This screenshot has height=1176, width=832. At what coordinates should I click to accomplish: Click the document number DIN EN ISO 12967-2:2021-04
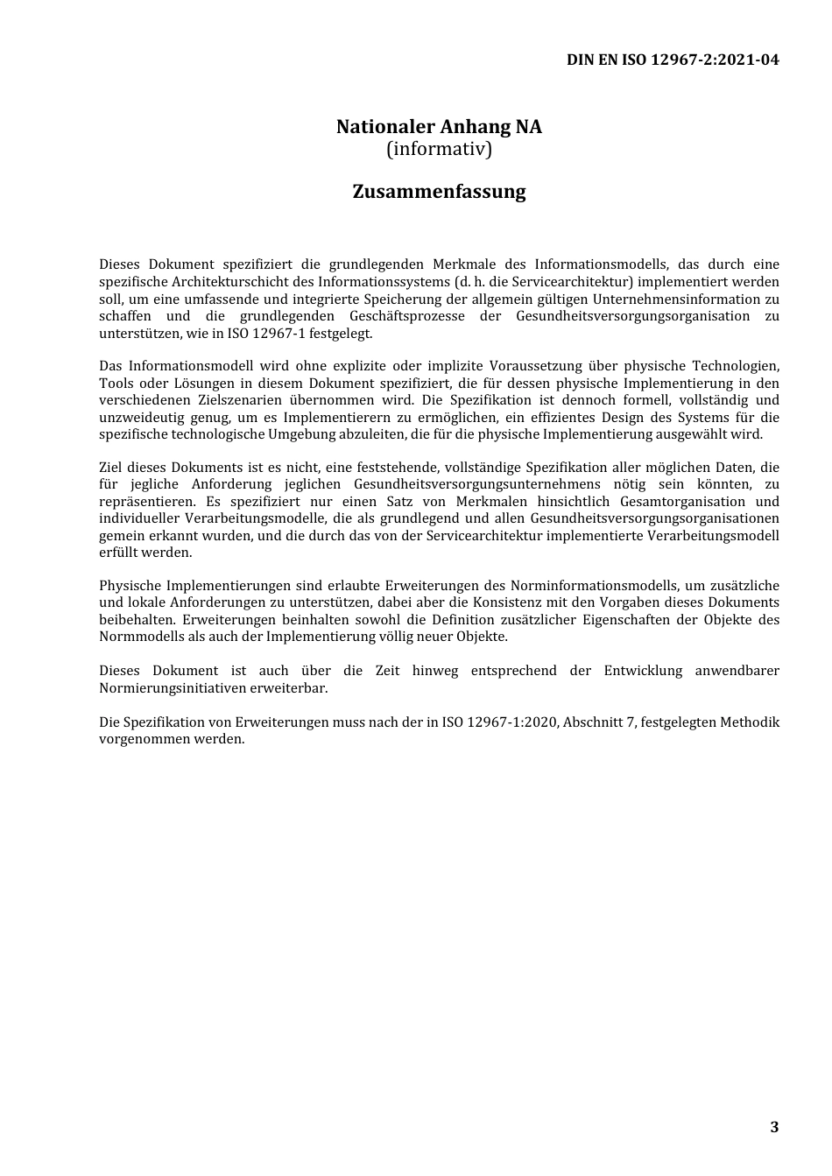click(x=673, y=60)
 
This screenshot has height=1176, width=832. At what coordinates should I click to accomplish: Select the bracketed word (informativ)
click(x=439, y=149)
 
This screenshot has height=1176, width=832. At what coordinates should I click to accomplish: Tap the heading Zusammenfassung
click(x=439, y=192)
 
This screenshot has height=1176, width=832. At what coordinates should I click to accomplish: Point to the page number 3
click(x=774, y=1127)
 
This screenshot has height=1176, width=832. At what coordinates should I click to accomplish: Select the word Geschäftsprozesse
click(x=407, y=316)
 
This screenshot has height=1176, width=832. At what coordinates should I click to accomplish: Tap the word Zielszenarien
click(x=229, y=400)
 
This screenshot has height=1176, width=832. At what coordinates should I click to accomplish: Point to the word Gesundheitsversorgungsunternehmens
click(x=477, y=484)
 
